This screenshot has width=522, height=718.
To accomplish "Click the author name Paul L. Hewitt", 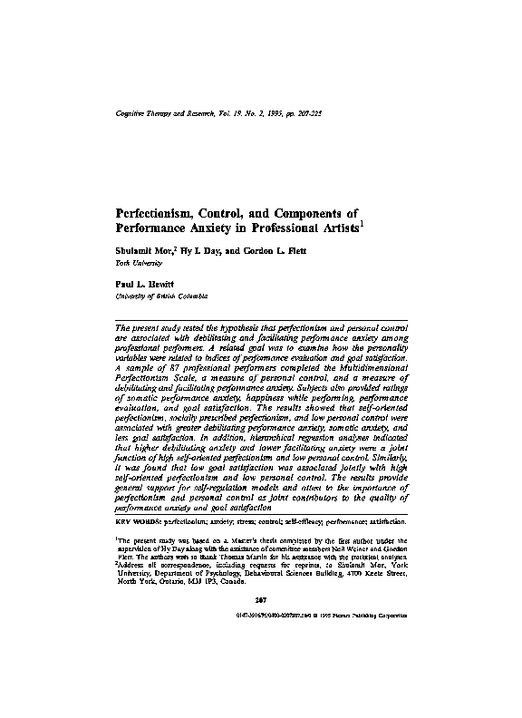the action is click(x=148, y=284).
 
